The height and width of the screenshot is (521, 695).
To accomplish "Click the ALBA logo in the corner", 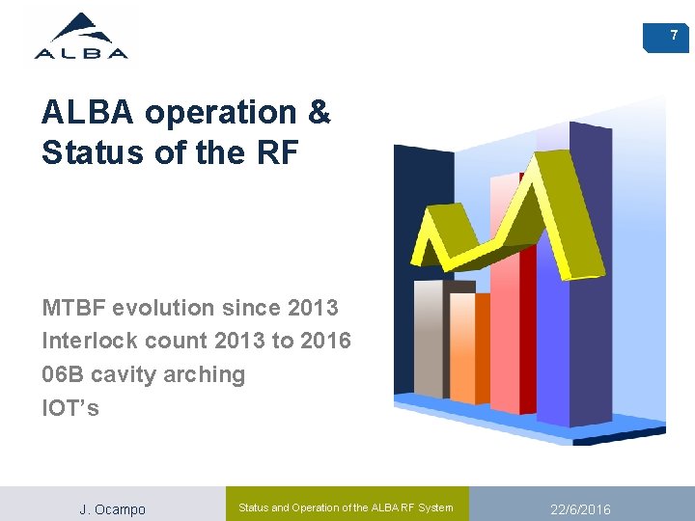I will click(81, 37).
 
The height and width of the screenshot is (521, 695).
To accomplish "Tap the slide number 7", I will click(674, 36).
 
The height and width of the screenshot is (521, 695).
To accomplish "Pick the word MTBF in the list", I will click(73, 308).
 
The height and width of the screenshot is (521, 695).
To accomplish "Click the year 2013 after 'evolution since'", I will click(313, 308).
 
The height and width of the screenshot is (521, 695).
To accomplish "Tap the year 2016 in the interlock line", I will click(325, 341).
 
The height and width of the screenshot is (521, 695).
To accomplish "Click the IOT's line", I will click(70, 408).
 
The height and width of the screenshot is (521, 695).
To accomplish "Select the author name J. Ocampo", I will click(112, 509).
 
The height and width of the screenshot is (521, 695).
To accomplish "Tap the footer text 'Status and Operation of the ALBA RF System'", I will click(346, 507).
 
